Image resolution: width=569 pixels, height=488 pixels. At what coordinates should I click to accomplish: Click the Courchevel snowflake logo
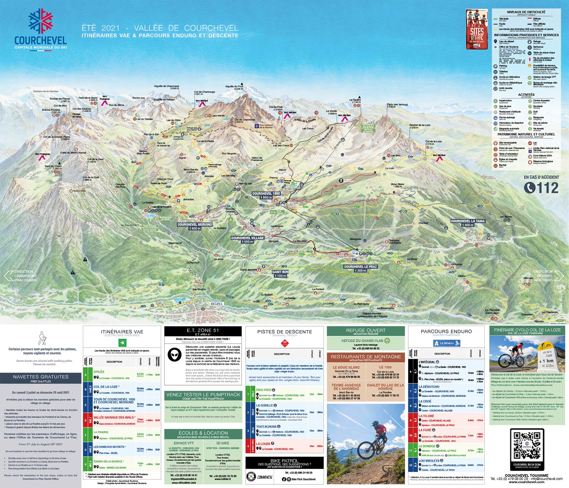tap(41, 21)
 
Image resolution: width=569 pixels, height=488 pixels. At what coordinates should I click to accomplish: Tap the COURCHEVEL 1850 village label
tap(266, 195)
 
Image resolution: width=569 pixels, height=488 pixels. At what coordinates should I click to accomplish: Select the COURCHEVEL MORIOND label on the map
tap(195, 226)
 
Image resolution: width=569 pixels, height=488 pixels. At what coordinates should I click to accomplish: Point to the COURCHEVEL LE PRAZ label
tap(360, 268)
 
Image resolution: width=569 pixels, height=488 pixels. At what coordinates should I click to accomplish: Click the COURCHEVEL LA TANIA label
tap(468, 223)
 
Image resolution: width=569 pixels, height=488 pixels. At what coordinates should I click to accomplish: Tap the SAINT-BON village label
tap(280, 274)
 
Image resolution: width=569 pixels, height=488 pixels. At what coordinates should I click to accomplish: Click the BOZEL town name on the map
tap(217, 304)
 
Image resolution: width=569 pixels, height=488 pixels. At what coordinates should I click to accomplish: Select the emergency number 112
tap(541, 188)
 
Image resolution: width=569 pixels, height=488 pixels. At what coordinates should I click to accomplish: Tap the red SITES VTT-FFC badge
tap(477, 29)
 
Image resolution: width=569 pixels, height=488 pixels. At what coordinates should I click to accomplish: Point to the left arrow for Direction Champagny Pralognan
tap(8, 276)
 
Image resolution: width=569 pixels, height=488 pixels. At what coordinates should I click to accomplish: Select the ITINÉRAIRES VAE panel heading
tap(122, 332)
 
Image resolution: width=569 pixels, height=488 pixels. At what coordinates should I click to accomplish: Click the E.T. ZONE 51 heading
tap(203, 330)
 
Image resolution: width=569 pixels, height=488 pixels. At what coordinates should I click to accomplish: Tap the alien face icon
tap(174, 355)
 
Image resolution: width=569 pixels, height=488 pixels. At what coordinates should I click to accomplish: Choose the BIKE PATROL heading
tap(284, 461)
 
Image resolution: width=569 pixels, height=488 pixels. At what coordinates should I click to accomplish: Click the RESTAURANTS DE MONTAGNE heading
tap(366, 357)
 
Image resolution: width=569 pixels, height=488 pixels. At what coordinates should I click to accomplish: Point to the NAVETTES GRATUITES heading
tap(41, 377)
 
